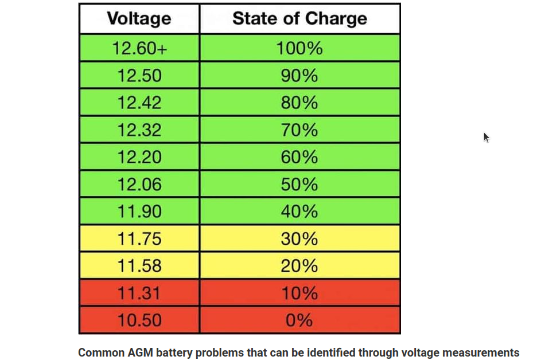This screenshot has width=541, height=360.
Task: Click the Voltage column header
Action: point(139,19)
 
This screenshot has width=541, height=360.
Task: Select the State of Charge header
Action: point(299,19)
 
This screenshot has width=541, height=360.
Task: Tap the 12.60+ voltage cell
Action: point(139,48)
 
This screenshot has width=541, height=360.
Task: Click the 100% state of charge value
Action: point(299,48)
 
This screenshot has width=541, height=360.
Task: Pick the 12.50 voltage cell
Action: point(139,76)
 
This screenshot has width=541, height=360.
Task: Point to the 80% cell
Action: point(299,103)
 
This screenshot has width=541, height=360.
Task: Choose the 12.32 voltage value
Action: point(139,130)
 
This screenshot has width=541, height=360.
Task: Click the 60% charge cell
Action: point(299,157)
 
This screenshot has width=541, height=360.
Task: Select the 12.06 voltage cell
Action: point(139,185)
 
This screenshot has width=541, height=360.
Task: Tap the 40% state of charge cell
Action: point(299,212)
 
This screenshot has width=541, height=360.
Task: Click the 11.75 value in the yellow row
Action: point(139,239)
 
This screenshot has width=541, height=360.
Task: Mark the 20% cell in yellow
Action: point(299,266)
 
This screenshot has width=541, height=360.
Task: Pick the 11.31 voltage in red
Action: point(139,294)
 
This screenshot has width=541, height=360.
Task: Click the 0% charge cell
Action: point(299,320)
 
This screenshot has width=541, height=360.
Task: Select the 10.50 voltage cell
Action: point(139,320)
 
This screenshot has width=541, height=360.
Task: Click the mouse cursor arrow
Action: point(486,138)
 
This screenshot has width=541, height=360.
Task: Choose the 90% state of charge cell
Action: point(299,76)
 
